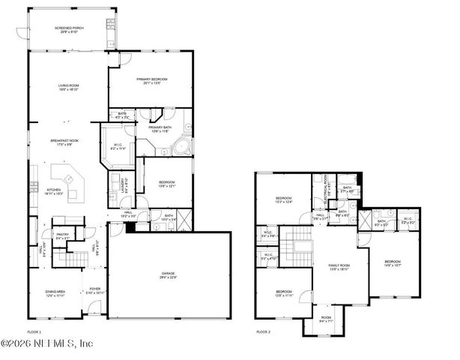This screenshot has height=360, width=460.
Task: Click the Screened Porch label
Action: pyautogui.click(x=68, y=29)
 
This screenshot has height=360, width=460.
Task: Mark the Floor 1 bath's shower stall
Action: pyautogui.click(x=182, y=219)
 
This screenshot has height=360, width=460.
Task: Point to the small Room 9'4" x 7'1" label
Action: pyautogui.click(x=325, y=319)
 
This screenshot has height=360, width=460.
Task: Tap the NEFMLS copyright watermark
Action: pyautogui.click(x=46, y=343)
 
